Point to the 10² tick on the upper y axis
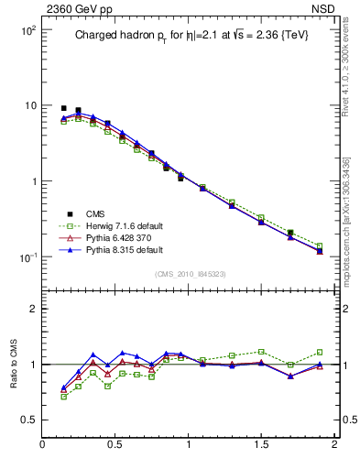click(x=27, y=30)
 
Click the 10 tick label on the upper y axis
click(x=28, y=105)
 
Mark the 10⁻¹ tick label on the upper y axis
click(x=27, y=256)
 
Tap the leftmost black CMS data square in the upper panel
click(x=64, y=108)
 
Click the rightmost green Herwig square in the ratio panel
click(x=320, y=352)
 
